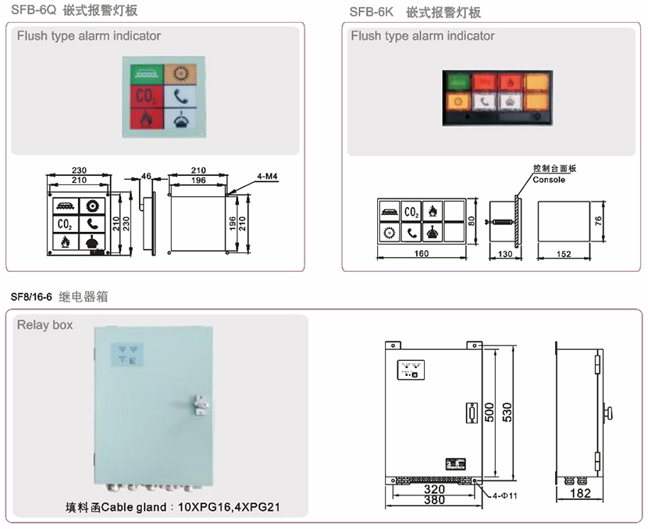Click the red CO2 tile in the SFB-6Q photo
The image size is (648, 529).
(x=145, y=96)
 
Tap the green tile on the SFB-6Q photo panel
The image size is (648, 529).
(x=145, y=73)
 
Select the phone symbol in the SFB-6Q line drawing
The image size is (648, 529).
(x=93, y=223)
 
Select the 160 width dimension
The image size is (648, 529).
(x=422, y=253)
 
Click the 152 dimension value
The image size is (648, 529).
(x=564, y=253)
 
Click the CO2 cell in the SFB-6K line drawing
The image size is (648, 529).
(x=411, y=210)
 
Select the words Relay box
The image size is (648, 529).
(x=45, y=324)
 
